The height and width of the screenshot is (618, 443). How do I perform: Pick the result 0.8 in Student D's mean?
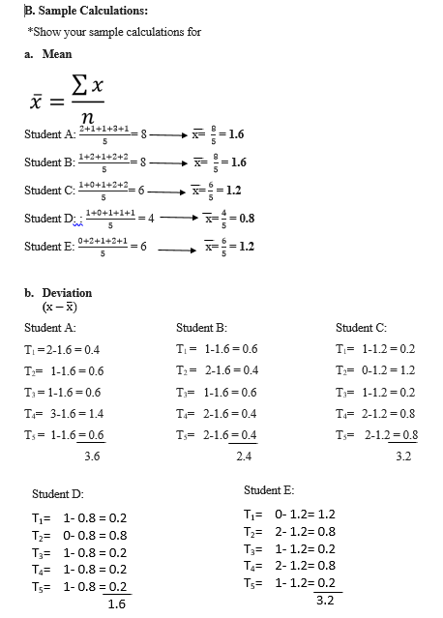click(246, 218)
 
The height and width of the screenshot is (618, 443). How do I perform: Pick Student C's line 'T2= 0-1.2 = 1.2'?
click(376, 370)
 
